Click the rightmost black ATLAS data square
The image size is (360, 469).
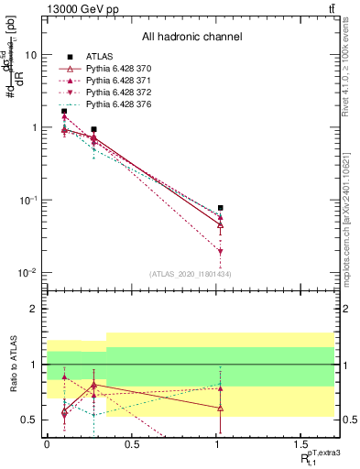click(221, 208)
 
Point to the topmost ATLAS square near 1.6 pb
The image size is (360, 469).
click(63, 112)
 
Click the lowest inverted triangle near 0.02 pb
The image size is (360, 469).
click(221, 251)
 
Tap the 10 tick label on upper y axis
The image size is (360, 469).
click(30, 55)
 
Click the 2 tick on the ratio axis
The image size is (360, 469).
click(35, 309)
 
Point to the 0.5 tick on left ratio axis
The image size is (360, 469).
click(30, 420)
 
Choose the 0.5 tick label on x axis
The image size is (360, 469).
click(132, 446)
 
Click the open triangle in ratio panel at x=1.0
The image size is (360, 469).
click(221, 408)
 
